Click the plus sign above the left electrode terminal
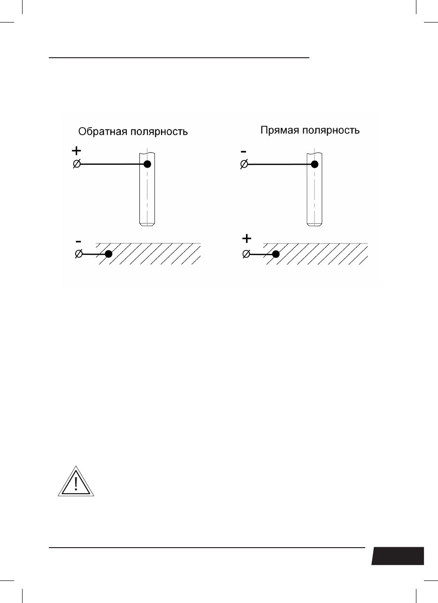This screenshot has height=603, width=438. pyautogui.click(x=76, y=152)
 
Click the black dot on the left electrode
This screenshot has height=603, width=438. pyautogui.click(x=148, y=164)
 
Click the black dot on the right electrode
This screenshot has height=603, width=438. pyautogui.click(x=315, y=164)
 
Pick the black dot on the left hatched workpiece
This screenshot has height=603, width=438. pyautogui.click(x=108, y=254)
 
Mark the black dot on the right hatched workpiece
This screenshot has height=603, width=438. pyautogui.click(x=276, y=254)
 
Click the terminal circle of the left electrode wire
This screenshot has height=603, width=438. pyautogui.click(x=77, y=165)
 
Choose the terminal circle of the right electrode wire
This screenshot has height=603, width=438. pyautogui.click(x=244, y=165)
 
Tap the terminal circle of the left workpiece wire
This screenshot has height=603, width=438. pyautogui.click(x=79, y=254)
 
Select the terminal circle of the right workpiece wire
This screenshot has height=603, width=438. pyautogui.click(x=246, y=254)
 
